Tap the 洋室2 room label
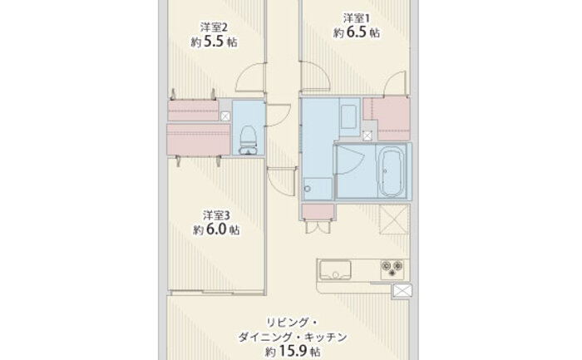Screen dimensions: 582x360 pyautogui.click(x=214, y=27)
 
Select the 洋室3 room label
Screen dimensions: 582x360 pyautogui.click(x=216, y=215)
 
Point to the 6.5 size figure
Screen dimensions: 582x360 pyautogui.click(x=357, y=32)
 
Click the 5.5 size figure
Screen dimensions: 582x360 pyautogui.click(x=215, y=42)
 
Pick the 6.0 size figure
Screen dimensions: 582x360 pyautogui.click(x=216, y=229)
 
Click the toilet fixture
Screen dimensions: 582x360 pyautogui.click(x=248, y=140)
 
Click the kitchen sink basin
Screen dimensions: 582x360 pyautogui.click(x=335, y=270)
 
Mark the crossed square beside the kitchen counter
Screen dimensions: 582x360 pyautogui.click(x=402, y=291)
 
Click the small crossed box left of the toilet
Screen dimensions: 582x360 pyautogui.click(x=225, y=116)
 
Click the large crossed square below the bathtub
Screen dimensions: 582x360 pyautogui.click(x=394, y=219)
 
